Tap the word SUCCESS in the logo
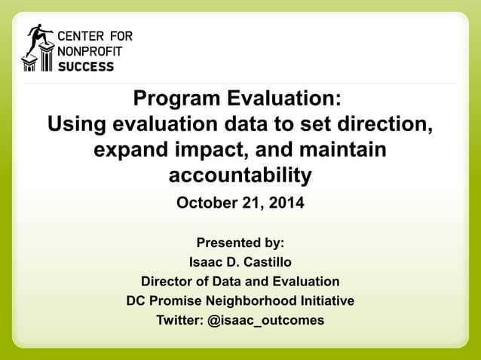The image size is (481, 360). [87, 66]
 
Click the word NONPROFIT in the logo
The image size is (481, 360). [90, 51]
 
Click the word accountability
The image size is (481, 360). [240, 175]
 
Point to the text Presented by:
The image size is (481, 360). [240, 243]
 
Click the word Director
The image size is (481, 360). [167, 282]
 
